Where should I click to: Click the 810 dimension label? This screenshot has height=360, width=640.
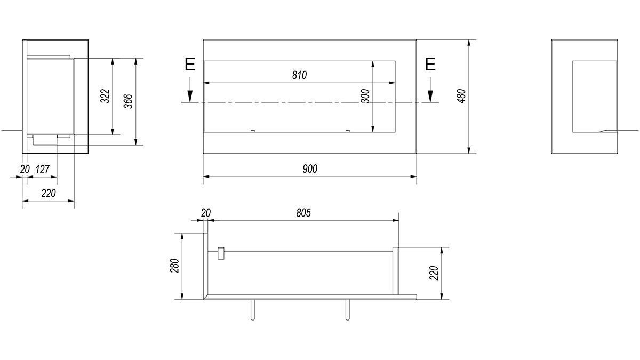click(x=299, y=75)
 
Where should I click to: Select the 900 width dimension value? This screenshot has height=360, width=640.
click(x=310, y=169)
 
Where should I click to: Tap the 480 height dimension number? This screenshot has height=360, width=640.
click(x=461, y=97)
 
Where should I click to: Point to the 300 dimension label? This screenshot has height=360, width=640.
click(x=365, y=97)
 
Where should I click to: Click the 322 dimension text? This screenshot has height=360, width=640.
click(x=105, y=97)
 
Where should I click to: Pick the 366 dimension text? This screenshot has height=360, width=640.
click(x=129, y=101)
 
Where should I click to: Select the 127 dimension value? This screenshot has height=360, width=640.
click(x=43, y=170)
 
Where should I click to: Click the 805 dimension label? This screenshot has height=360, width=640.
click(x=303, y=213)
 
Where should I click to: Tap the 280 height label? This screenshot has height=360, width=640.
click(x=174, y=266)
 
